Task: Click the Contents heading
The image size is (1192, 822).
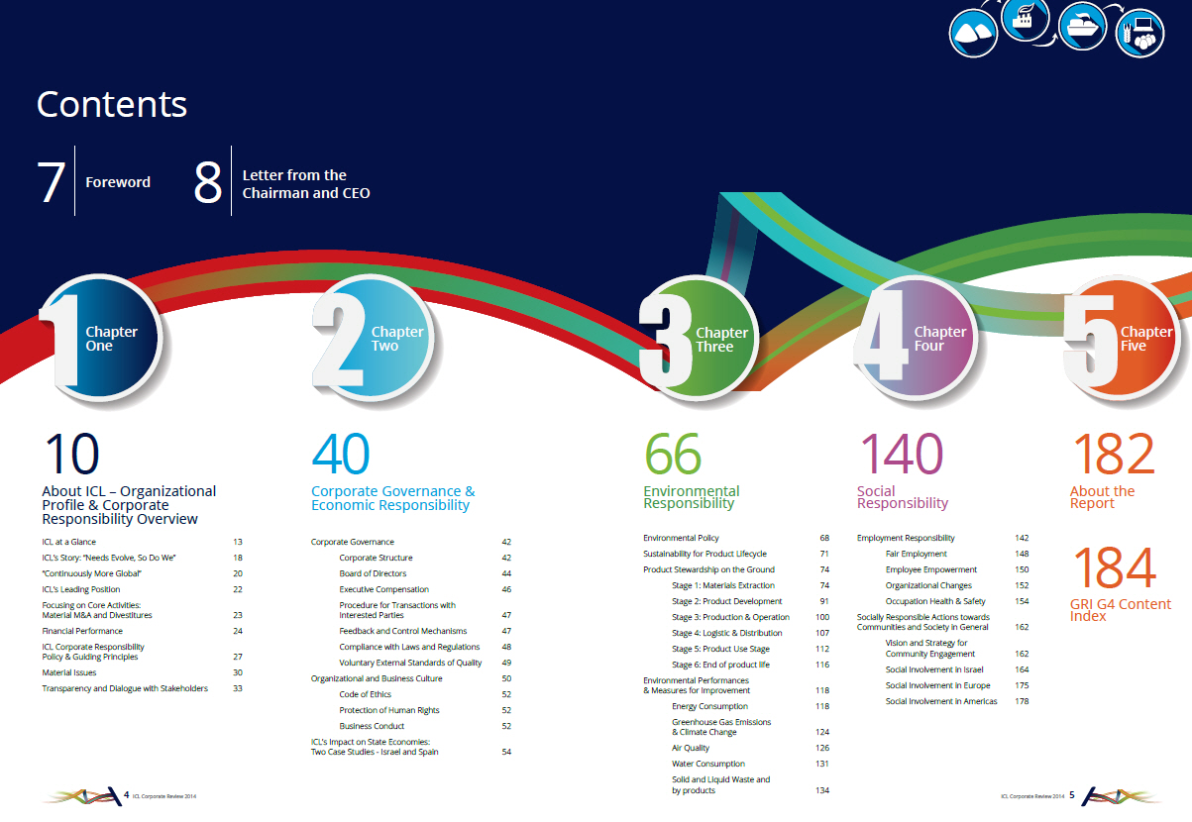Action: click(112, 104)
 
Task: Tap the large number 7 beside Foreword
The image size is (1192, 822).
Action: click(52, 182)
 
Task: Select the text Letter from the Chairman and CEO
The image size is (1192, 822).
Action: click(306, 184)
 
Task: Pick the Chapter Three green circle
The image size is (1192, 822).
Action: click(700, 339)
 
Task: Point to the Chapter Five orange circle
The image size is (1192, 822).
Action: click(1124, 338)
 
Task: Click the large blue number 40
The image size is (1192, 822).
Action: click(341, 454)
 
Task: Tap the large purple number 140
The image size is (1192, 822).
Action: click(902, 454)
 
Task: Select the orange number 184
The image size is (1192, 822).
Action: click(1115, 567)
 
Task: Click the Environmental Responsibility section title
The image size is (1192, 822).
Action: click(692, 497)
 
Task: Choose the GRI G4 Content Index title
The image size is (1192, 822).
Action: click(1120, 610)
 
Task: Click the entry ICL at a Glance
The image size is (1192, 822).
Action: click(69, 542)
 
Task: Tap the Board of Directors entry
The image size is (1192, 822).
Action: click(373, 573)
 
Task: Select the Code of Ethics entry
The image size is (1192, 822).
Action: click(365, 694)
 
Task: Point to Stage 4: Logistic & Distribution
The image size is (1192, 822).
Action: click(727, 633)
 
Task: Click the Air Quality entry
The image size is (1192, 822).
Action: click(691, 748)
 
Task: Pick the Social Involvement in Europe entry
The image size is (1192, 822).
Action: click(937, 685)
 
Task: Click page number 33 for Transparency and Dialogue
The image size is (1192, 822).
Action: click(238, 688)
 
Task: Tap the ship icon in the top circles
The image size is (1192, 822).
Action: click(1082, 27)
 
